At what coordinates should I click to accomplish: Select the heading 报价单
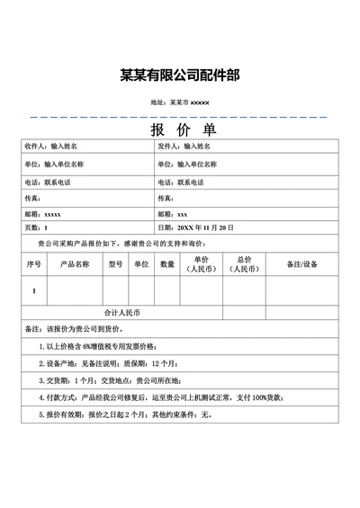(x=180, y=129)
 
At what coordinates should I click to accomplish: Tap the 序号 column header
(x=34, y=264)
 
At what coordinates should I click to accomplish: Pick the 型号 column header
(x=115, y=264)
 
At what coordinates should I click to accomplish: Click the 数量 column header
(x=167, y=264)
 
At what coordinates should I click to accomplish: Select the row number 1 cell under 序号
(x=34, y=291)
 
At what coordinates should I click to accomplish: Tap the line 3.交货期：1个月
(x=103, y=380)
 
